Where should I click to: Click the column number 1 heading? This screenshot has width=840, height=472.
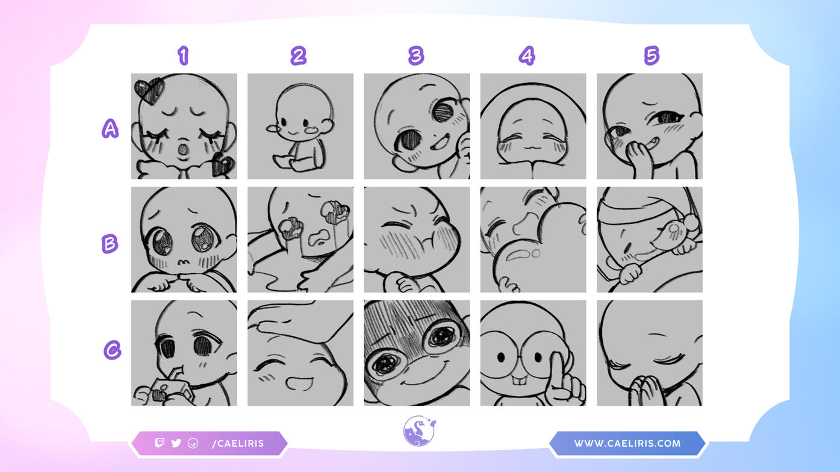(x=184, y=55)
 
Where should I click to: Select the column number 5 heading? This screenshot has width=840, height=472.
(x=652, y=55)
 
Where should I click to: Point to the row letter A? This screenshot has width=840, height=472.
(x=110, y=129)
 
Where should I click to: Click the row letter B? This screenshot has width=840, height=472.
(x=110, y=244)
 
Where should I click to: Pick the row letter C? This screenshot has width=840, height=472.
(x=112, y=350)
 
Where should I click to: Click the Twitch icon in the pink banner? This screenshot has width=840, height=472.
(x=160, y=442)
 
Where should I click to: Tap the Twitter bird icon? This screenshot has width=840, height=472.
(x=176, y=443)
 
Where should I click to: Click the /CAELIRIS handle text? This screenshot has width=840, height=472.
(x=238, y=444)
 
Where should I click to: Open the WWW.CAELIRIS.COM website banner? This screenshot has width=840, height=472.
(x=627, y=444)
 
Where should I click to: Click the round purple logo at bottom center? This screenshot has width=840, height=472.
(x=419, y=431)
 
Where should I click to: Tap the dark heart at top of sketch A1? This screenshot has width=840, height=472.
(x=149, y=91)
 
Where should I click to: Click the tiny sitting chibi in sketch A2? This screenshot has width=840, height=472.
(x=300, y=128)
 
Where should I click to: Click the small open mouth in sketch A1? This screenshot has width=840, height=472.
(x=182, y=149)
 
